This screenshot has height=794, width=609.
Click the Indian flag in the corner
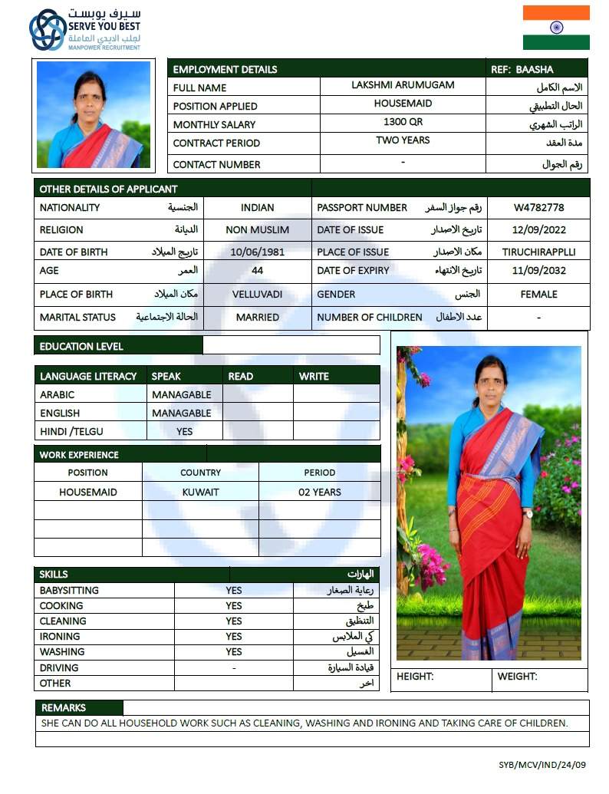click(556, 28)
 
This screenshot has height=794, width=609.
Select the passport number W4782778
click(539, 208)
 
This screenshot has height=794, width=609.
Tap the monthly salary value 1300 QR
click(403, 122)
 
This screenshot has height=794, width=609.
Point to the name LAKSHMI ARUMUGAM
click(403, 85)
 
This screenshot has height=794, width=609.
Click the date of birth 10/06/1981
click(257, 252)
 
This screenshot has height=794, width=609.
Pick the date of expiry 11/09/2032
click(538, 271)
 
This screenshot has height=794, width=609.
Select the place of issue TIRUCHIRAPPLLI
click(538, 252)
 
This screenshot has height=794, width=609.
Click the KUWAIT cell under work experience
click(200, 492)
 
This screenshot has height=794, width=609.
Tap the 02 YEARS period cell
click(319, 492)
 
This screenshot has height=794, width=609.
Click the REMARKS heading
click(64, 707)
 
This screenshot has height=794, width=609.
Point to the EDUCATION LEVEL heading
click(81, 346)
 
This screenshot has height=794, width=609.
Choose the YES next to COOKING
click(234, 606)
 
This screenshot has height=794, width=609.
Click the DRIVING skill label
click(59, 667)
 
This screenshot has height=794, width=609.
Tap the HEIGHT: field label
click(415, 677)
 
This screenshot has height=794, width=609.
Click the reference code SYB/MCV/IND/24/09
click(542, 765)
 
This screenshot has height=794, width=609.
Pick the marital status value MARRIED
click(257, 318)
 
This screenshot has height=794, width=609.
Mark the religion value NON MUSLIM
click(257, 229)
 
